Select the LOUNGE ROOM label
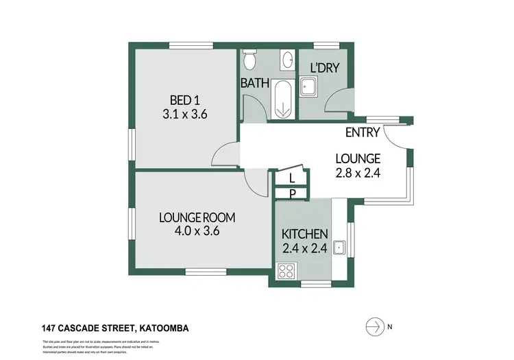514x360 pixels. pos(197,217)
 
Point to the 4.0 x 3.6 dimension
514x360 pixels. pos(197,231)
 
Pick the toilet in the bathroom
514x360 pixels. pos(249,60)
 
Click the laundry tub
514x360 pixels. pos(310,86)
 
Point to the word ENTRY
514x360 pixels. pos(363,132)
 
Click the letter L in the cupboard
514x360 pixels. pos(292,178)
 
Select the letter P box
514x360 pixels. pos(292,193)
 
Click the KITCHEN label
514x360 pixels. pos(306,234)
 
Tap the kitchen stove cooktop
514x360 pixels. pos(286,271)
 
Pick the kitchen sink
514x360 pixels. pos(338,248)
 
